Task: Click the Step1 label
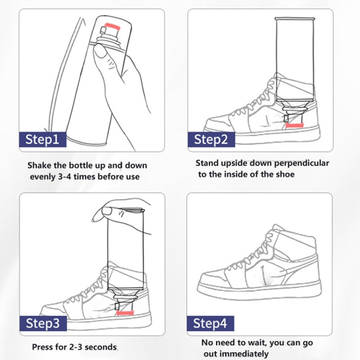pyautogui.click(x=42, y=139)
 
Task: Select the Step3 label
pyautogui.click(x=42, y=323)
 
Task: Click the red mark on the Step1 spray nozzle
pyautogui.click(x=114, y=24)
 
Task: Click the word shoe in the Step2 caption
pyautogui.click(x=283, y=174)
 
